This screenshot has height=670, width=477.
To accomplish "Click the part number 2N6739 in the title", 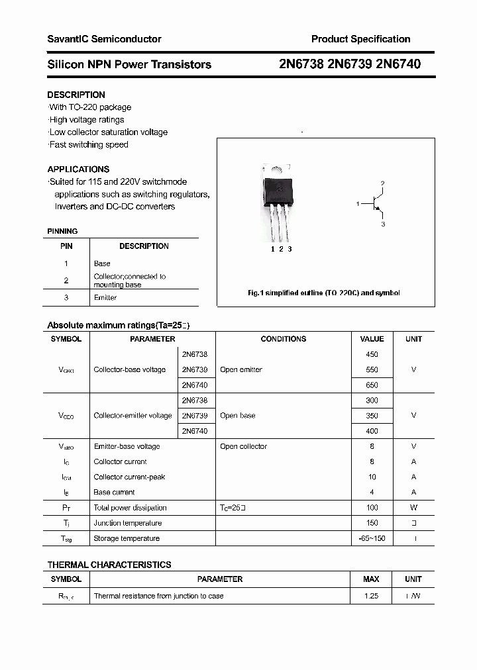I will pos(349,64).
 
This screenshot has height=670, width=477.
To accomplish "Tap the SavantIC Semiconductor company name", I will pos(104,39).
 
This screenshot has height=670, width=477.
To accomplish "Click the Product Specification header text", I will pos(360,39).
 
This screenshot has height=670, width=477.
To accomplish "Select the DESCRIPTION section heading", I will pos(76,95).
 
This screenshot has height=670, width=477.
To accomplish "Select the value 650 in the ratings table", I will pos(372,385).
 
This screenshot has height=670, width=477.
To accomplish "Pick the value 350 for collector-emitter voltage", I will pos(372,416).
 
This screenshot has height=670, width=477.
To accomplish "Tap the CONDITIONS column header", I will pos(283,339).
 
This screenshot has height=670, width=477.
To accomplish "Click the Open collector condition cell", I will pos(243,447).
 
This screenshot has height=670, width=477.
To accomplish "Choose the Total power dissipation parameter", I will pos(131,508).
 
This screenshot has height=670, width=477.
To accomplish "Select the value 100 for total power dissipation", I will pos(372,508).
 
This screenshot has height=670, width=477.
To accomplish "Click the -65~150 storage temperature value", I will pos(372,538).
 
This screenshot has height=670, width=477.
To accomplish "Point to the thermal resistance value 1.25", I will pos(371,596).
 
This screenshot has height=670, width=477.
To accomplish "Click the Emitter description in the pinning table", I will pos(105,298).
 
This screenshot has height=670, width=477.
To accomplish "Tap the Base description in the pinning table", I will pos(102,263).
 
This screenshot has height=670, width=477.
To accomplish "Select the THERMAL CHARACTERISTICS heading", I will pos(109,565).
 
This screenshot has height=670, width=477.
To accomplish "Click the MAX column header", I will pos(371,579).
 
